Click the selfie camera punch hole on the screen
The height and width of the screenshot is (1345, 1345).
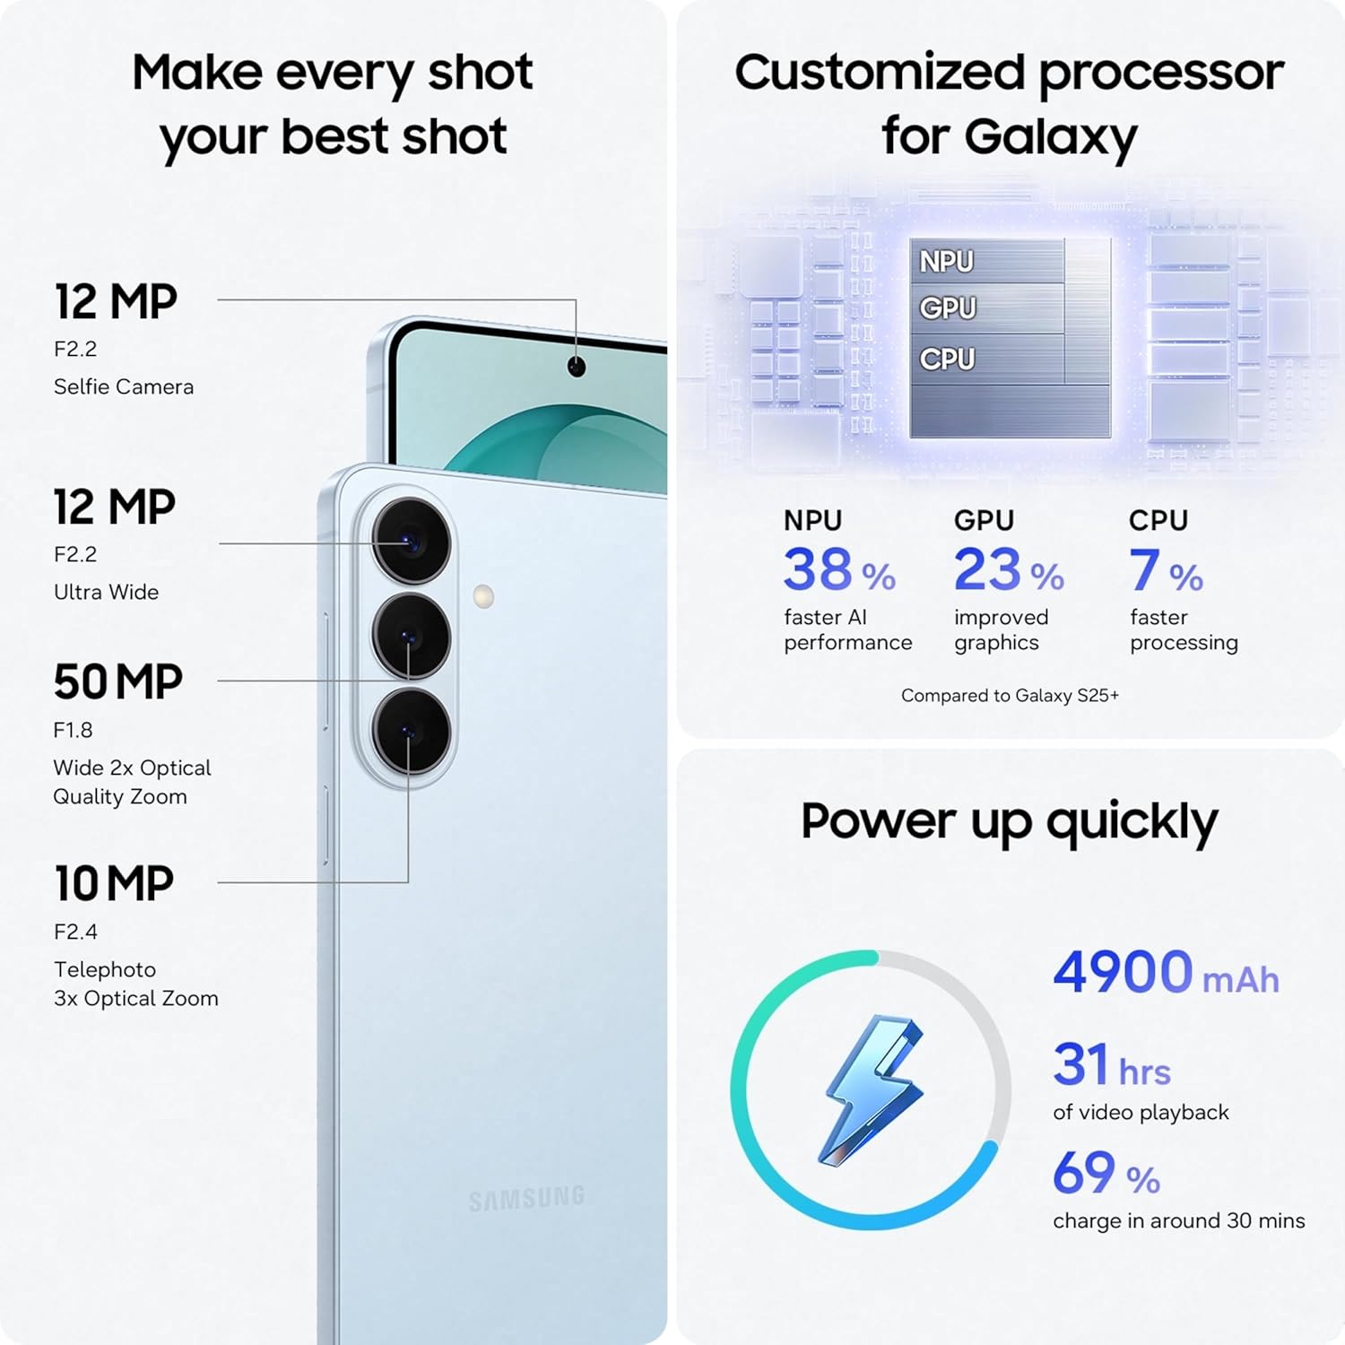577,367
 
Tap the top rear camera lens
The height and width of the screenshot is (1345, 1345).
412,542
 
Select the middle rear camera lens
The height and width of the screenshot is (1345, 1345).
412,637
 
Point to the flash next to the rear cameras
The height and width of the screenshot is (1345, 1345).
483,596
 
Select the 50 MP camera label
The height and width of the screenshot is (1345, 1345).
117,682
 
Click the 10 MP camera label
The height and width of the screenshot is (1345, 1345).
114,884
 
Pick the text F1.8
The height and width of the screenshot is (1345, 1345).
73,730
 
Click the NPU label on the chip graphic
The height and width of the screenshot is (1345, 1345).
946,262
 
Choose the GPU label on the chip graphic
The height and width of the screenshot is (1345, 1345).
947,308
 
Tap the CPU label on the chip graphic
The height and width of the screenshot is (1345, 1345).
947,360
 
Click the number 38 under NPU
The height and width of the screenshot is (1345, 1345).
817,570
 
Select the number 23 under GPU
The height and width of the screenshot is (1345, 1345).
987,570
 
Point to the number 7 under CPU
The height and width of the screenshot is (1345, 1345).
1144,570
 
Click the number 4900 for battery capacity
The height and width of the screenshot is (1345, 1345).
1123,972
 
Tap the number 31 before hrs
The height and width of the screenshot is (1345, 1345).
1081,1064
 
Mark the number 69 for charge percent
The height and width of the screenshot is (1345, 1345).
1084,1173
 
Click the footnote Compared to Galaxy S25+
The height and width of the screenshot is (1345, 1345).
1010,696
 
